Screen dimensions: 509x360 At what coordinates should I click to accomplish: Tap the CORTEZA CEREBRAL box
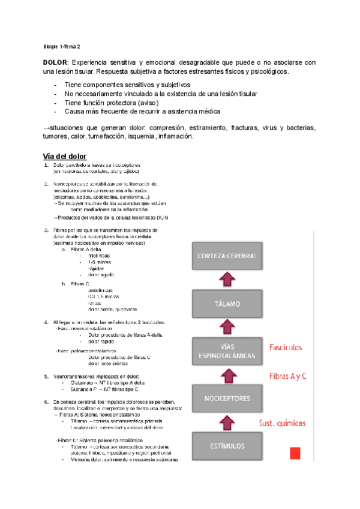[227, 256]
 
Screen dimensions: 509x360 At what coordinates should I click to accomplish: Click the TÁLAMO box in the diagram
[227, 304]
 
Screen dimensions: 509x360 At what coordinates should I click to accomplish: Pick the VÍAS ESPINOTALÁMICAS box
[227, 351]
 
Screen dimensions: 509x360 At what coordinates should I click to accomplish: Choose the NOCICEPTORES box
[227, 399]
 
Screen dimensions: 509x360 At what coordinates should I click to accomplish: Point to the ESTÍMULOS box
[227, 446]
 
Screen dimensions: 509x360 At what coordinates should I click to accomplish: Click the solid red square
[295, 453]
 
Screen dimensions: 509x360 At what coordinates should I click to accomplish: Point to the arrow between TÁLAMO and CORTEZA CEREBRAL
[227, 280]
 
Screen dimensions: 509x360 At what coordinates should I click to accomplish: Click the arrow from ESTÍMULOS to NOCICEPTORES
[227, 423]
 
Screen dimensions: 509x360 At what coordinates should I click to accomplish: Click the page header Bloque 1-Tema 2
[62, 46]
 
